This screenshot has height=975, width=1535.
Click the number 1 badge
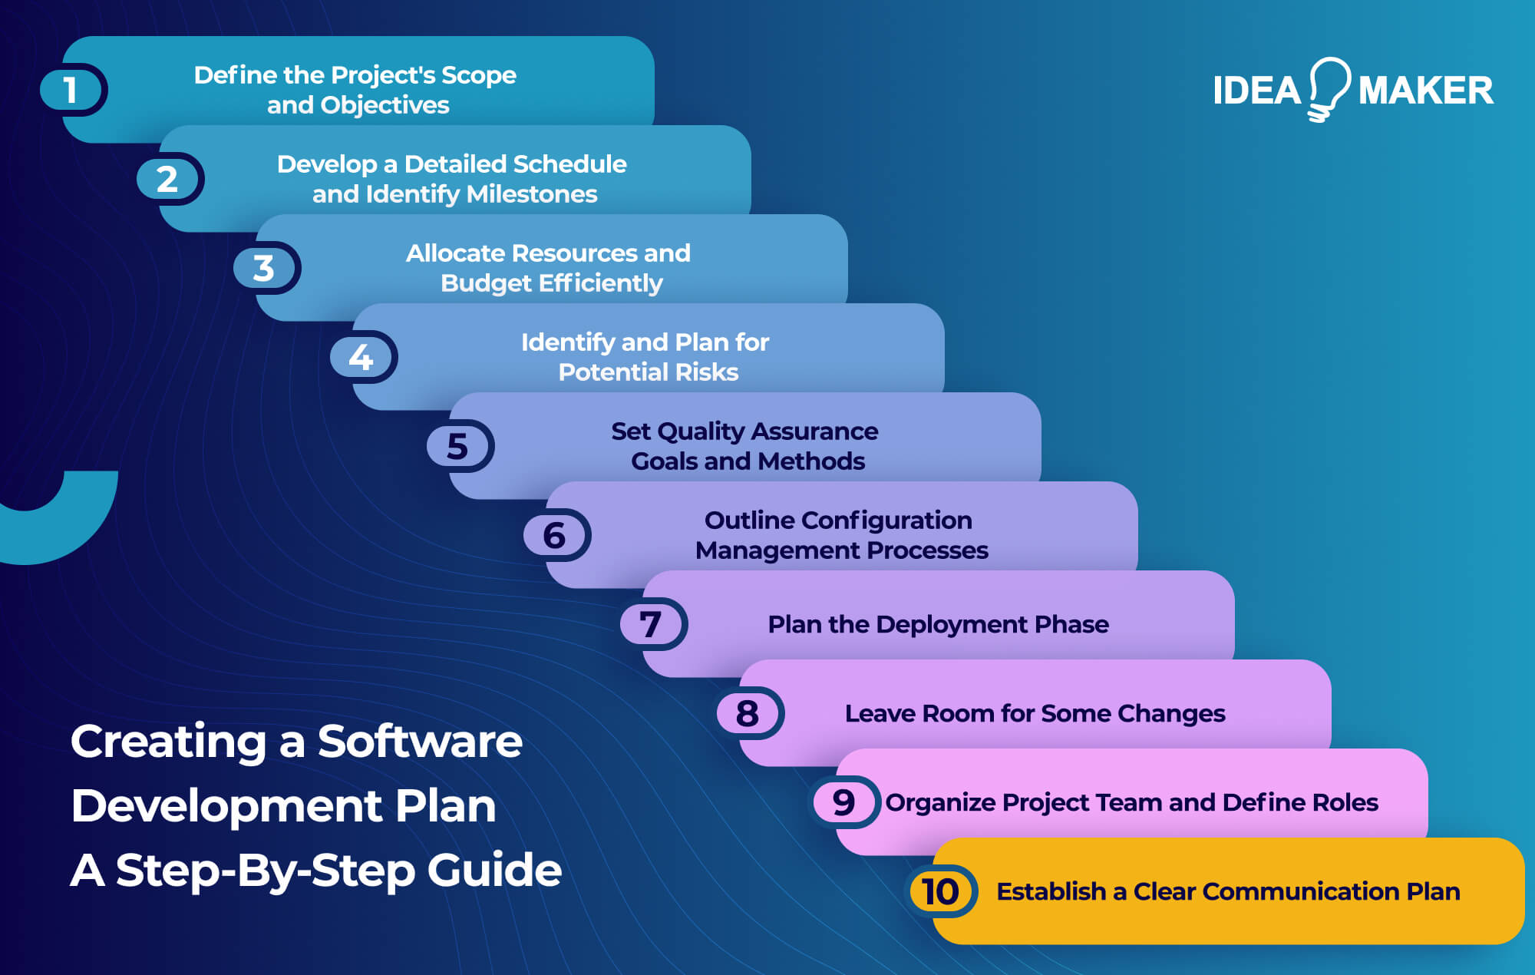(71, 90)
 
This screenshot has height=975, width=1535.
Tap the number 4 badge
(361, 357)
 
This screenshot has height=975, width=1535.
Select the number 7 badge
(652, 624)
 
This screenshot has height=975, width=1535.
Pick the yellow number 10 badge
(941, 891)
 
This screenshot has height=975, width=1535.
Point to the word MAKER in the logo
(1425, 91)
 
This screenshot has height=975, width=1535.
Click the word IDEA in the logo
(1256, 91)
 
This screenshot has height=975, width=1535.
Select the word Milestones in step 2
(531, 194)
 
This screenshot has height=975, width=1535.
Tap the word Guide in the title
(494, 871)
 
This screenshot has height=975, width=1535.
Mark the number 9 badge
(844, 802)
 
